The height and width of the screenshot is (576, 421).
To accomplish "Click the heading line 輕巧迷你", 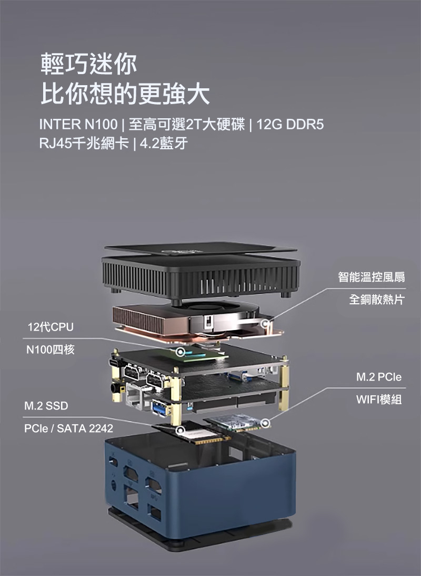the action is pyautogui.click(x=88, y=64).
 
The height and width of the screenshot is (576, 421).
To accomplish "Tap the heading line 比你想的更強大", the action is pyautogui.click(x=125, y=94).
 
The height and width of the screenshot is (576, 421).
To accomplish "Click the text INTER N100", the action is pyautogui.click(x=78, y=125).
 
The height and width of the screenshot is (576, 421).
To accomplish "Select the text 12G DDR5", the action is pyautogui.click(x=290, y=125).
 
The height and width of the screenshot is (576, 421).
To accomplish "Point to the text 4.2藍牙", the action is pyautogui.click(x=164, y=143).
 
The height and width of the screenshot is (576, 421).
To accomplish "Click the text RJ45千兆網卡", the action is pyautogui.click(x=84, y=143).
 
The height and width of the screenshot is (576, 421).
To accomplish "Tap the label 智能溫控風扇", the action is pyautogui.click(x=372, y=276).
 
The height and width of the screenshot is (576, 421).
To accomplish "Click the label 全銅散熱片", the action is pyautogui.click(x=377, y=300).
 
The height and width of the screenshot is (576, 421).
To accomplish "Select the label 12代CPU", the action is pyautogui.click(x=51, y=326).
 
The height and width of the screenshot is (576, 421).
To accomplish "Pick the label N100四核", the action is pyautogui.click(x=51, y=349).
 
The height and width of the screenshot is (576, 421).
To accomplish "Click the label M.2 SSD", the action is pyautogui.click(x=46, y=406).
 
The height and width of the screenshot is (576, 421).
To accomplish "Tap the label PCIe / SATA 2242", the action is pyautogui.click(x=69, y=428).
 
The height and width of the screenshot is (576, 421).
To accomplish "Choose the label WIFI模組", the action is pyautogui.click(x=379, y=399).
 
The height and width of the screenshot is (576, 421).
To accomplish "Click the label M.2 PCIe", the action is pyautogui.click(x=379, y=377).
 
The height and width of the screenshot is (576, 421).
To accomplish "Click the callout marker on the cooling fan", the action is pyautogui.click(x=265, y=324).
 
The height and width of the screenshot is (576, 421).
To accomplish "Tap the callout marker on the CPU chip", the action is pyautogui.click(x=180, y=352).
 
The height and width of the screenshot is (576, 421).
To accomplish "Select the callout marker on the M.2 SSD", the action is pyautogui.click(x=180, y=430).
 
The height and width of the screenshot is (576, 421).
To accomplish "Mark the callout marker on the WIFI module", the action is pyautogui.click(x=265, y=423).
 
